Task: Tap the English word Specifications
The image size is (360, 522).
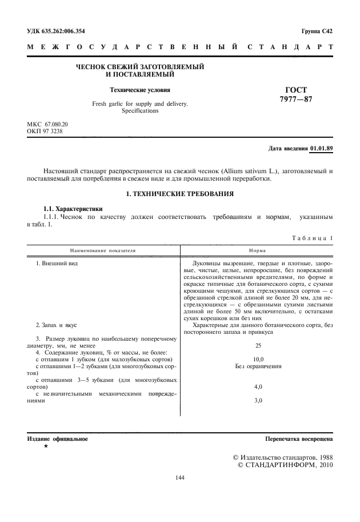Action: tap(140, 111)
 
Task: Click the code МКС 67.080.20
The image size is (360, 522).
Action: tap(47, 124)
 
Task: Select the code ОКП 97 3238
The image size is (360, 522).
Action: tap(45, 132)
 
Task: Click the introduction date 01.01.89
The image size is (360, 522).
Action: tap(321, 149)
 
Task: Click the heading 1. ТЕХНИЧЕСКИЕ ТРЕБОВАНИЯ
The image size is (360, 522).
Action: tap(180, 194)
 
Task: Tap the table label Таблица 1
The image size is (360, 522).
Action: tap(313, 237)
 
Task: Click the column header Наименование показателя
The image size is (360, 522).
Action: tap(103, 250)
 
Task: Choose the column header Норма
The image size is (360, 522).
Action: tap(257, 250)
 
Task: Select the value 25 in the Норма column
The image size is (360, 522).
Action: tap(257, 345)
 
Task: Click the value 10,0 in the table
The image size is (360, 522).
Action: tap(257, 359)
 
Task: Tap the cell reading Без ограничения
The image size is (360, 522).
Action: tap(257, 366)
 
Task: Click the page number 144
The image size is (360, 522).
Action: tap(180, 477)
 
